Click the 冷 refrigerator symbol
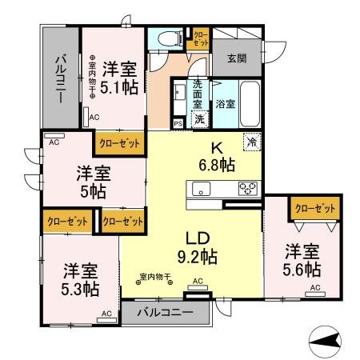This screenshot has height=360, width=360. point(252,143)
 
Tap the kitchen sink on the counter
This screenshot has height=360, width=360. point(199,189)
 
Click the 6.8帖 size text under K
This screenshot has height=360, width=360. point(218,166)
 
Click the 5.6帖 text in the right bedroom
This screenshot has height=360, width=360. point(302,269)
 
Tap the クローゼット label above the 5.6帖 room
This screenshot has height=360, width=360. point(314,207)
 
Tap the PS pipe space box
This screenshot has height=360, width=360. point(178,122)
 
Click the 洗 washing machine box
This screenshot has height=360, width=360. point(199,118)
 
